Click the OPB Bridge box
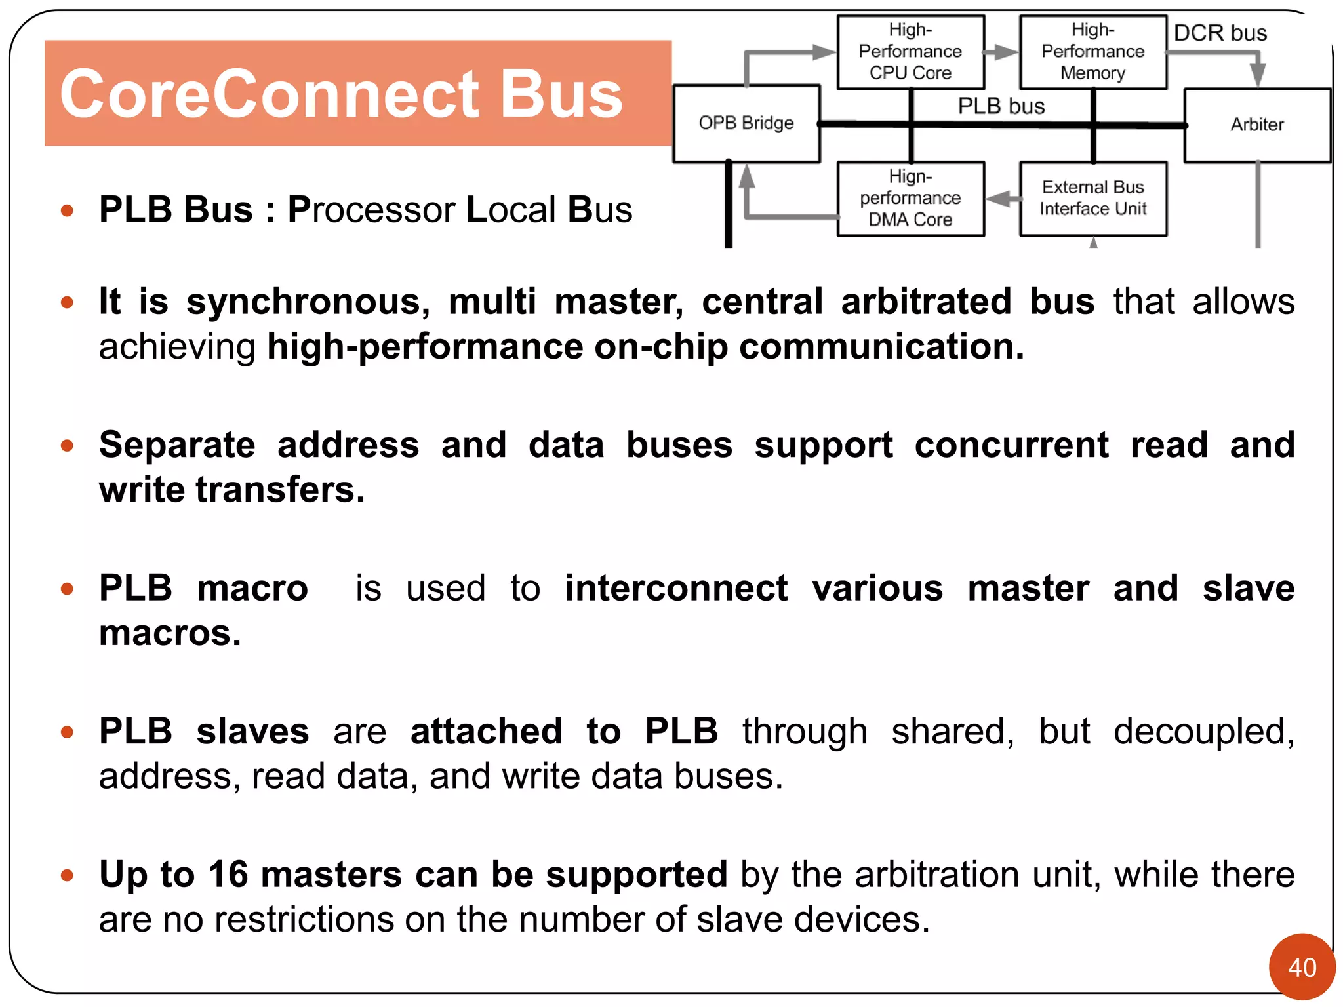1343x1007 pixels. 746,123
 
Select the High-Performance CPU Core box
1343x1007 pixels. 910,52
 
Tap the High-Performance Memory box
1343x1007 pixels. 1092,52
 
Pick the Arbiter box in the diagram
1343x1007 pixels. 1257,125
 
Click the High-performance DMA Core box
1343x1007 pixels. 910,198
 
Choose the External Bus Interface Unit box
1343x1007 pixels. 1092,198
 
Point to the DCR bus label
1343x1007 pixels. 1220,33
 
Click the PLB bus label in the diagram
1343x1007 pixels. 1001,106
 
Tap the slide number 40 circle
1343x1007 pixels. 1302,967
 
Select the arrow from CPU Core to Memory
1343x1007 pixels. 1002,52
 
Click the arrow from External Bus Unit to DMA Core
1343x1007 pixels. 1002,198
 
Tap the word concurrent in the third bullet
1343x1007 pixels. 1011,445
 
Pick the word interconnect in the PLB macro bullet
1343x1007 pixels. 676,588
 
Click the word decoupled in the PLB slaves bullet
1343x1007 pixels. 1204,732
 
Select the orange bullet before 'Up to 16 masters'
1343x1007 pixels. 67,875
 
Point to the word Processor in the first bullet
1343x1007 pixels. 371,210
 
